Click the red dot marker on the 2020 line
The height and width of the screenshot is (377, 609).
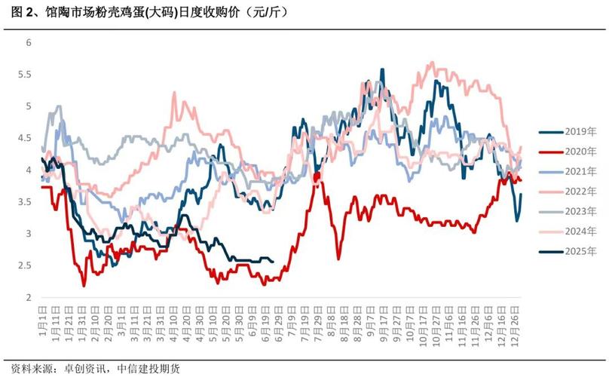[x=317, y=176]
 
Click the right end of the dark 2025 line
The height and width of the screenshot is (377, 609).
[x=273, y=262]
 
